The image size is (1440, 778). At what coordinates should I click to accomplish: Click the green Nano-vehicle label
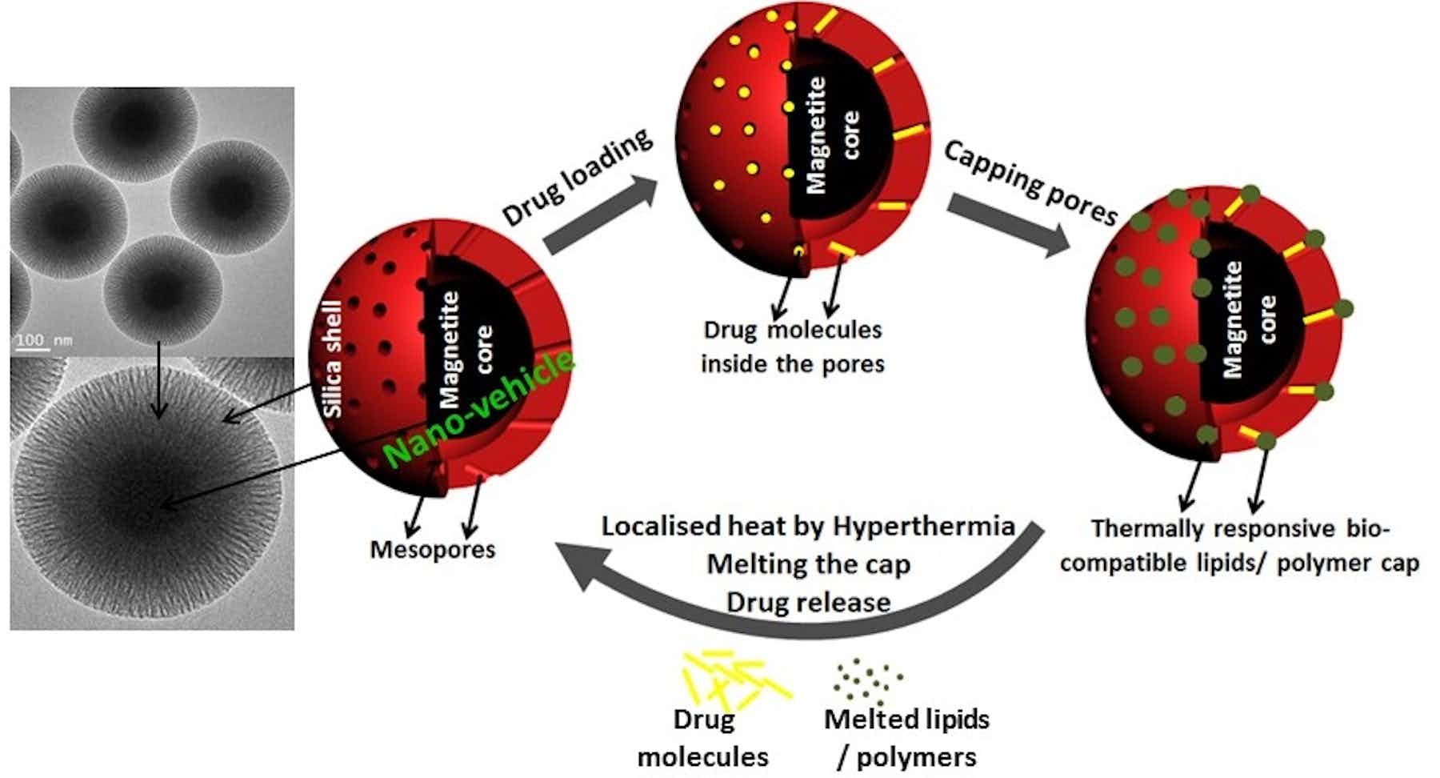(478, 408)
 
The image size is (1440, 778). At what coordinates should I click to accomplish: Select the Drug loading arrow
(600, 218)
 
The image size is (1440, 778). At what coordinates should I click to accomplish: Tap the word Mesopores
(432, 550)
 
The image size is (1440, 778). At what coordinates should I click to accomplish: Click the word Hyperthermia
(923, 527)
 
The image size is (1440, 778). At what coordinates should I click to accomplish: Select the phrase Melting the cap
(808, 564)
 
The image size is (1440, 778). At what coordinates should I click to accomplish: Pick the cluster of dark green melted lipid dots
(868, 681)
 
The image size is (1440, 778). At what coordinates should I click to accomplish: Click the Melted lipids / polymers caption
(906, 737)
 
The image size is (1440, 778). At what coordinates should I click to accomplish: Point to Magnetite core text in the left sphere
(464, 349)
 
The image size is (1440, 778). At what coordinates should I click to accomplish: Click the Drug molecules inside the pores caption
(792, 347)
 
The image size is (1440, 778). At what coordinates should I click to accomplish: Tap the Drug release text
(808, 602)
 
